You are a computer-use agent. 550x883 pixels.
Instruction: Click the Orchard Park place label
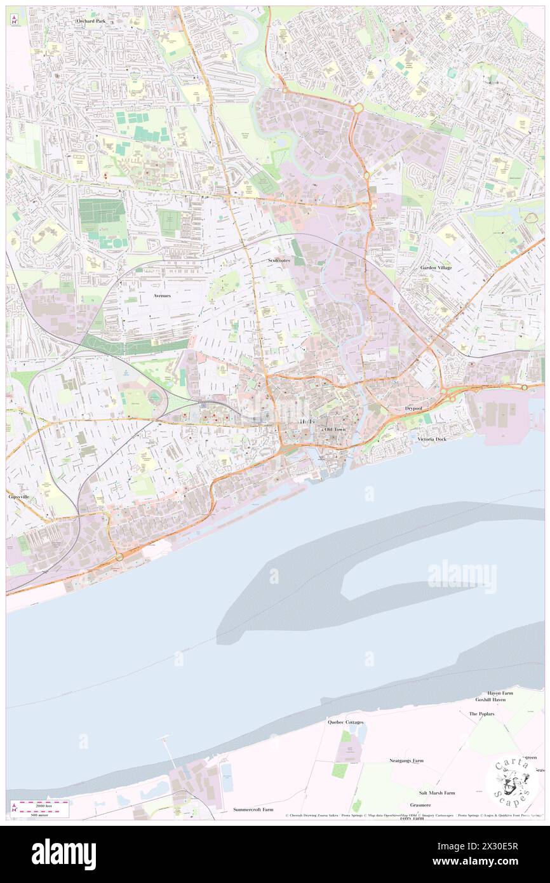point(91,21)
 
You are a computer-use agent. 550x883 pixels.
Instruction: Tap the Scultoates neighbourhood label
point(279,260)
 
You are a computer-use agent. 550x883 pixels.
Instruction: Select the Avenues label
point(162,296)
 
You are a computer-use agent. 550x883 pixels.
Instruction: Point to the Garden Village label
point(436,268)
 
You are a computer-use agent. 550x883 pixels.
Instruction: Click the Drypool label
point(414,408)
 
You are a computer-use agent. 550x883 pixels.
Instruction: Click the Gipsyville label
point(19,495)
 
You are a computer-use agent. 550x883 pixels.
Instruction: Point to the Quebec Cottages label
point(345,722)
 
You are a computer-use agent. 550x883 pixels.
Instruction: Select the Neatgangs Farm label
point(406,760)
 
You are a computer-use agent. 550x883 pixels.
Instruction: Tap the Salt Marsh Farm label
point(436,793)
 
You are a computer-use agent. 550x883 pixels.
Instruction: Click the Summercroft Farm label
point(253,810)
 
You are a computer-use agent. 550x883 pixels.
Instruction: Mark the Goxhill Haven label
point(490,699)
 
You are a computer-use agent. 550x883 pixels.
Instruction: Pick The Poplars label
point(481,714)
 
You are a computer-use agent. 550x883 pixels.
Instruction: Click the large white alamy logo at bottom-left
point(64,854)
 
